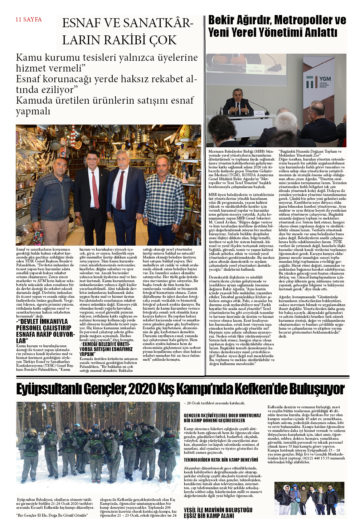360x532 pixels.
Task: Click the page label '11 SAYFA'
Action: point(29,20)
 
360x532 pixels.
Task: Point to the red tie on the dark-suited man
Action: point(95,189)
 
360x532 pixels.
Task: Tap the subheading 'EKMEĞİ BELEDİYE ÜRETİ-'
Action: point(106,344)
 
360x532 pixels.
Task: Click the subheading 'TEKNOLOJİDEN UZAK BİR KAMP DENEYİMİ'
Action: point(221,460)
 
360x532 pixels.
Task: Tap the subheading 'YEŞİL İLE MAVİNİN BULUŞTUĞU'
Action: point(218,510)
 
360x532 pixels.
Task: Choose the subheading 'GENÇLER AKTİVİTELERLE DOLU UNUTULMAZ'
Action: point(222,415)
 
